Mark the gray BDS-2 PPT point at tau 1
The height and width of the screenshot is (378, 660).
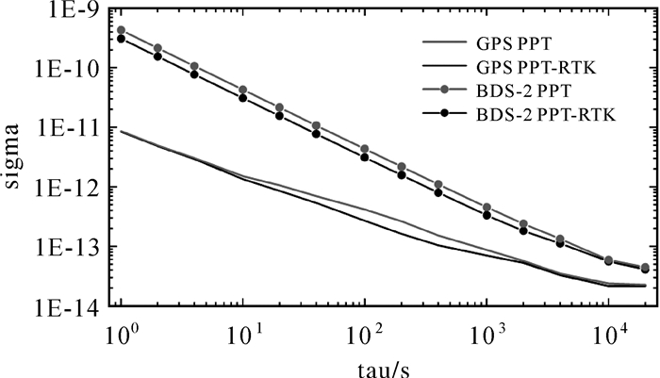click(121, 30)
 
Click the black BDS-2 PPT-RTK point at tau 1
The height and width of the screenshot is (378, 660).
click(121, 39)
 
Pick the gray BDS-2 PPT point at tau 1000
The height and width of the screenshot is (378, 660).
click(487, 207)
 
